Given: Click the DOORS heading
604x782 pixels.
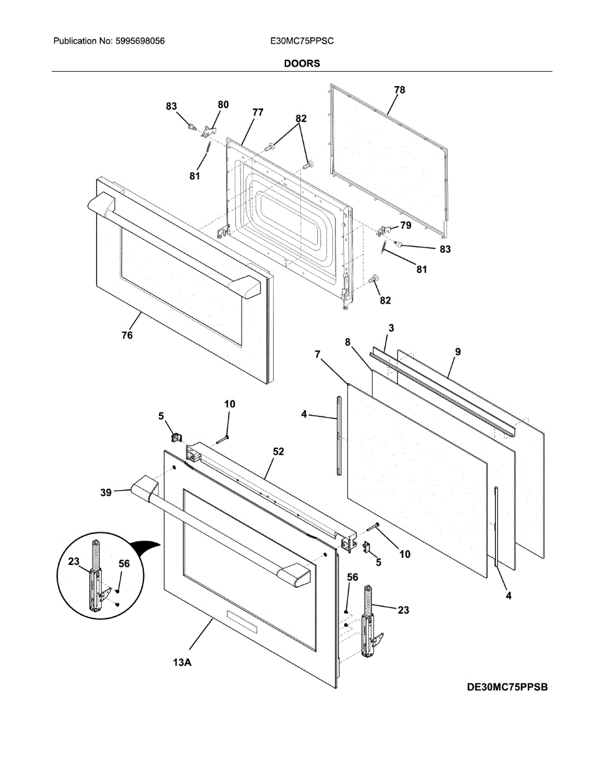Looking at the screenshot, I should [x=302, y=64].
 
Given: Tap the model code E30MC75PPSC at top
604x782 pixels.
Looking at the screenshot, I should [x=302, y=41].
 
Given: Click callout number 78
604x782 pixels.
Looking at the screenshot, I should [x=399, y=91].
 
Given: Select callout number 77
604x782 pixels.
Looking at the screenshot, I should [x=257, y=112].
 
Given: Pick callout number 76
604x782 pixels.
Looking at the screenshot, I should [x=127, y=336].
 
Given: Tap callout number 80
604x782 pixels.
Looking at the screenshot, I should [x=223, y=104].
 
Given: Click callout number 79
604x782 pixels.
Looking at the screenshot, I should [x=405, y=225].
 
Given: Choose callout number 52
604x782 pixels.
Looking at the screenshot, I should [x=278, y=451].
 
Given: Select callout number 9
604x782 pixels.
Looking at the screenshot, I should [x=458, y=352].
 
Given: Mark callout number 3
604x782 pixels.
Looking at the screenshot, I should [x=392, y=327].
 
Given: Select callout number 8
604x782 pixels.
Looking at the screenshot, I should [x=348, y=341].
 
